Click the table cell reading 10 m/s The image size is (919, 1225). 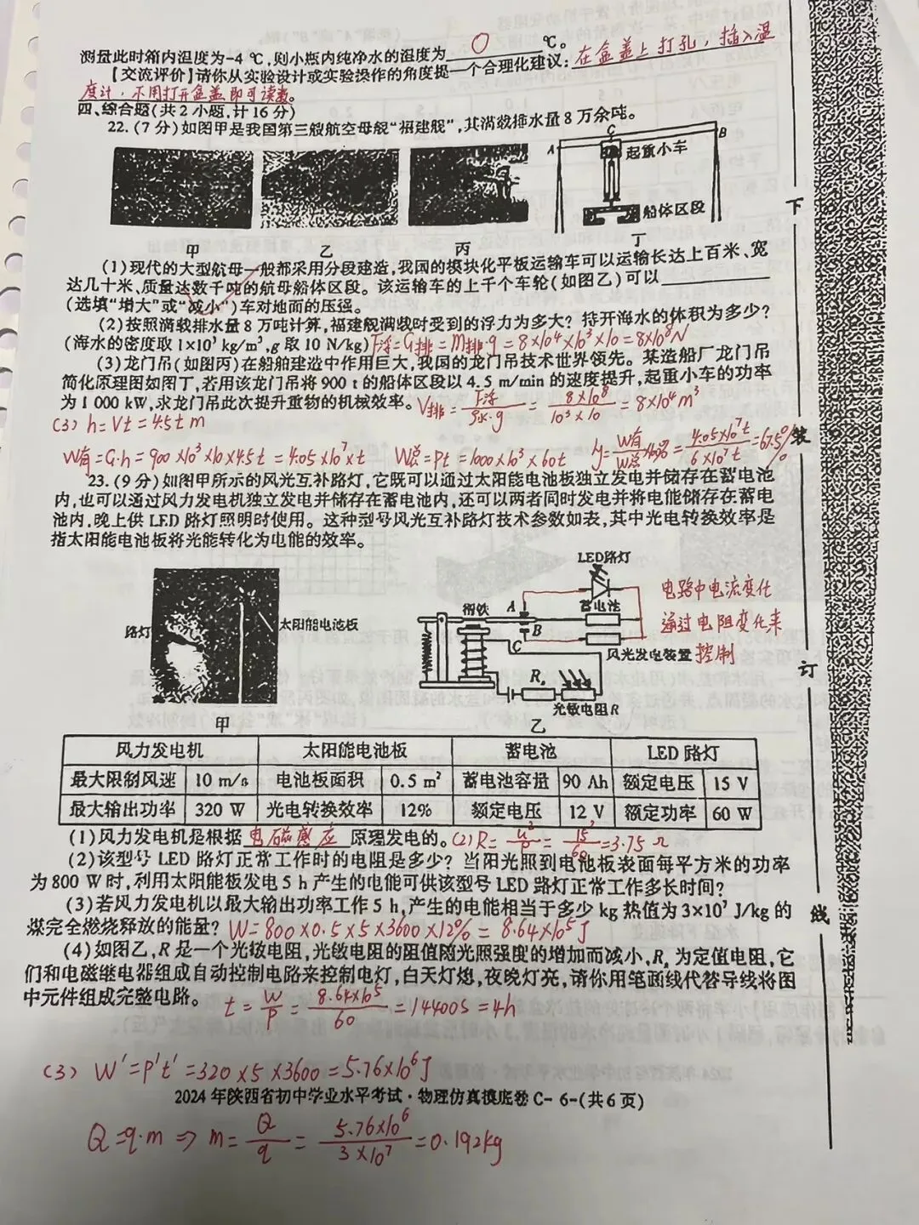[x=216, y=781]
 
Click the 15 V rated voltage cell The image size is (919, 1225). [x=732, y=781]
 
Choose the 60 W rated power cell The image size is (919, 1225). [x=732, y=812]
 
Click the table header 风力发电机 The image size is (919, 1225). [x=159, y=752]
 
